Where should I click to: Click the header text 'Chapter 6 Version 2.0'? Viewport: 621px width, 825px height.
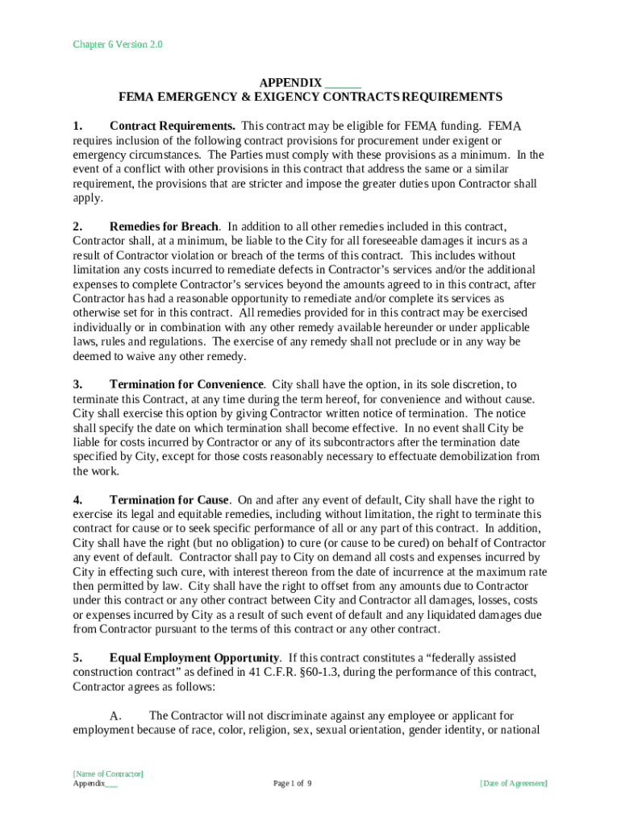click(118, 45)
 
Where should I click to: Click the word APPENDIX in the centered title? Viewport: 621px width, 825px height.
click(290, 83)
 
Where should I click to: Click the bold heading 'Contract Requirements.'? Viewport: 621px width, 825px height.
click(173, 126)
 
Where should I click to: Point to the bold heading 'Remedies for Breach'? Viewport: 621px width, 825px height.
click(165, 227)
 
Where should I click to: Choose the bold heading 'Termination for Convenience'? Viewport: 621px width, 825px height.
click(186, 385)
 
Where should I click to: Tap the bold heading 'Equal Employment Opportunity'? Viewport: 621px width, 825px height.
click(194, 659)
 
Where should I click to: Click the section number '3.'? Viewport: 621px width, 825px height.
click(77, 385)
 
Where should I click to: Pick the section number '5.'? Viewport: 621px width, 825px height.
click(77, 659)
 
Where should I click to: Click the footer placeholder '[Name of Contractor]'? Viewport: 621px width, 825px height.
click(108, 774)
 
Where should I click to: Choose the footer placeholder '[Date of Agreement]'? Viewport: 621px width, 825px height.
click(514, 784)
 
